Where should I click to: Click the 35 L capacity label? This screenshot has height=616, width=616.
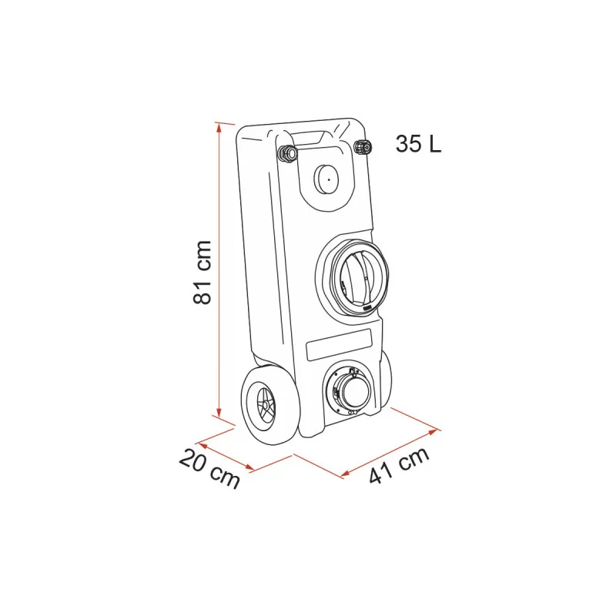419,144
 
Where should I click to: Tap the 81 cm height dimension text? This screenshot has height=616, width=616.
202,270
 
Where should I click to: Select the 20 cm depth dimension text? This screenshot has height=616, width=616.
209,469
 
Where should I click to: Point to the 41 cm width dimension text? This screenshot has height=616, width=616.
399,466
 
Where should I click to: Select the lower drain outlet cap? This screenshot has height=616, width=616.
353,390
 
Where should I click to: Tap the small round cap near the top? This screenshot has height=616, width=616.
326,181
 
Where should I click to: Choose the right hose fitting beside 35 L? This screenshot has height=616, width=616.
363,147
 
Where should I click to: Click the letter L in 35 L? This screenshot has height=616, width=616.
436,144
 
